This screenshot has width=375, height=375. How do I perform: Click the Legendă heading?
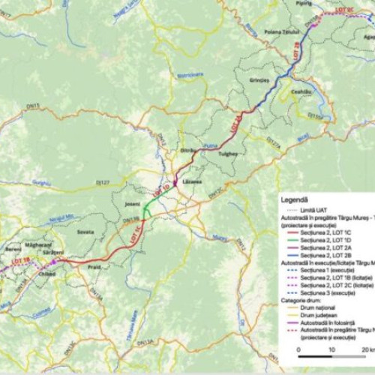click(x=295, y=201)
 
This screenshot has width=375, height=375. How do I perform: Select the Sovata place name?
click(x=85, y=232)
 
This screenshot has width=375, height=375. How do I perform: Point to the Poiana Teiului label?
click(x=281, y=31)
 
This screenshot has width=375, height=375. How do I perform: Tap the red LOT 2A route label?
click(x=238, y=123)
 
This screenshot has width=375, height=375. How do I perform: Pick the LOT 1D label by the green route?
click(x=160, y=189)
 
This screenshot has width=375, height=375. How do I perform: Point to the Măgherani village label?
click(x=38, y=244)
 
